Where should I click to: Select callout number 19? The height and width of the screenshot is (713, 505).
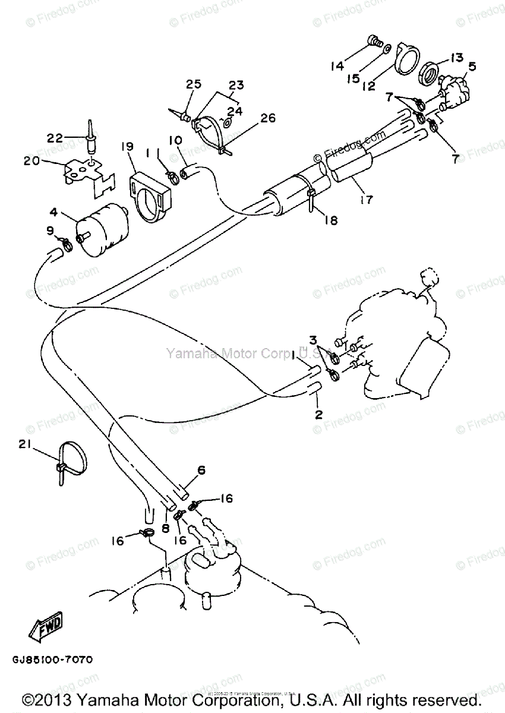127,147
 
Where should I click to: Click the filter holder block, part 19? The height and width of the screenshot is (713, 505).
150,195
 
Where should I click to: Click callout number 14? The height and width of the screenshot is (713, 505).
337,66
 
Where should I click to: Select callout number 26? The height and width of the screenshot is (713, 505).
267,118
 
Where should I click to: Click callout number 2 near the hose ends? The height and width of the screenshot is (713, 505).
318,414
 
